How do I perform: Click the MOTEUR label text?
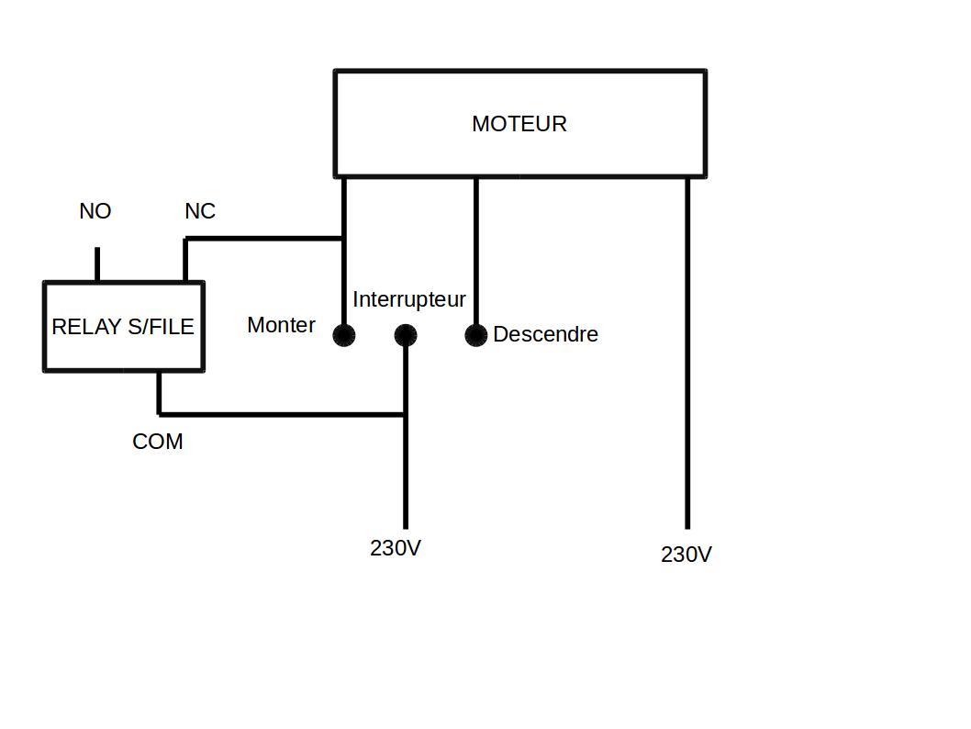pos(519,124)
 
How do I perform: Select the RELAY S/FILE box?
pos(123,326)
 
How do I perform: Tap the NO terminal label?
pos(95,211)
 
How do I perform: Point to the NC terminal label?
pos(200,211)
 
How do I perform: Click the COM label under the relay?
pos(158,442)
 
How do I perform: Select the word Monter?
pos(281,325)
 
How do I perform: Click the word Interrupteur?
pos(409,299)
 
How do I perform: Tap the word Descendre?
pos(545,334)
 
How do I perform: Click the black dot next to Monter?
pos(343,335)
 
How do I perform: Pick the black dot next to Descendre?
pos(475,335)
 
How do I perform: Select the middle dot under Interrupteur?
pos(406,335)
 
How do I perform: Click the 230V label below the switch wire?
pos(396,548)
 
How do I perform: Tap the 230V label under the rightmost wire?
pos(686,555)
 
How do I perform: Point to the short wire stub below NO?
pos(96,264)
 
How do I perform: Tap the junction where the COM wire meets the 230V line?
pos(406,414)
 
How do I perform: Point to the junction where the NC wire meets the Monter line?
pos(343,239)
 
